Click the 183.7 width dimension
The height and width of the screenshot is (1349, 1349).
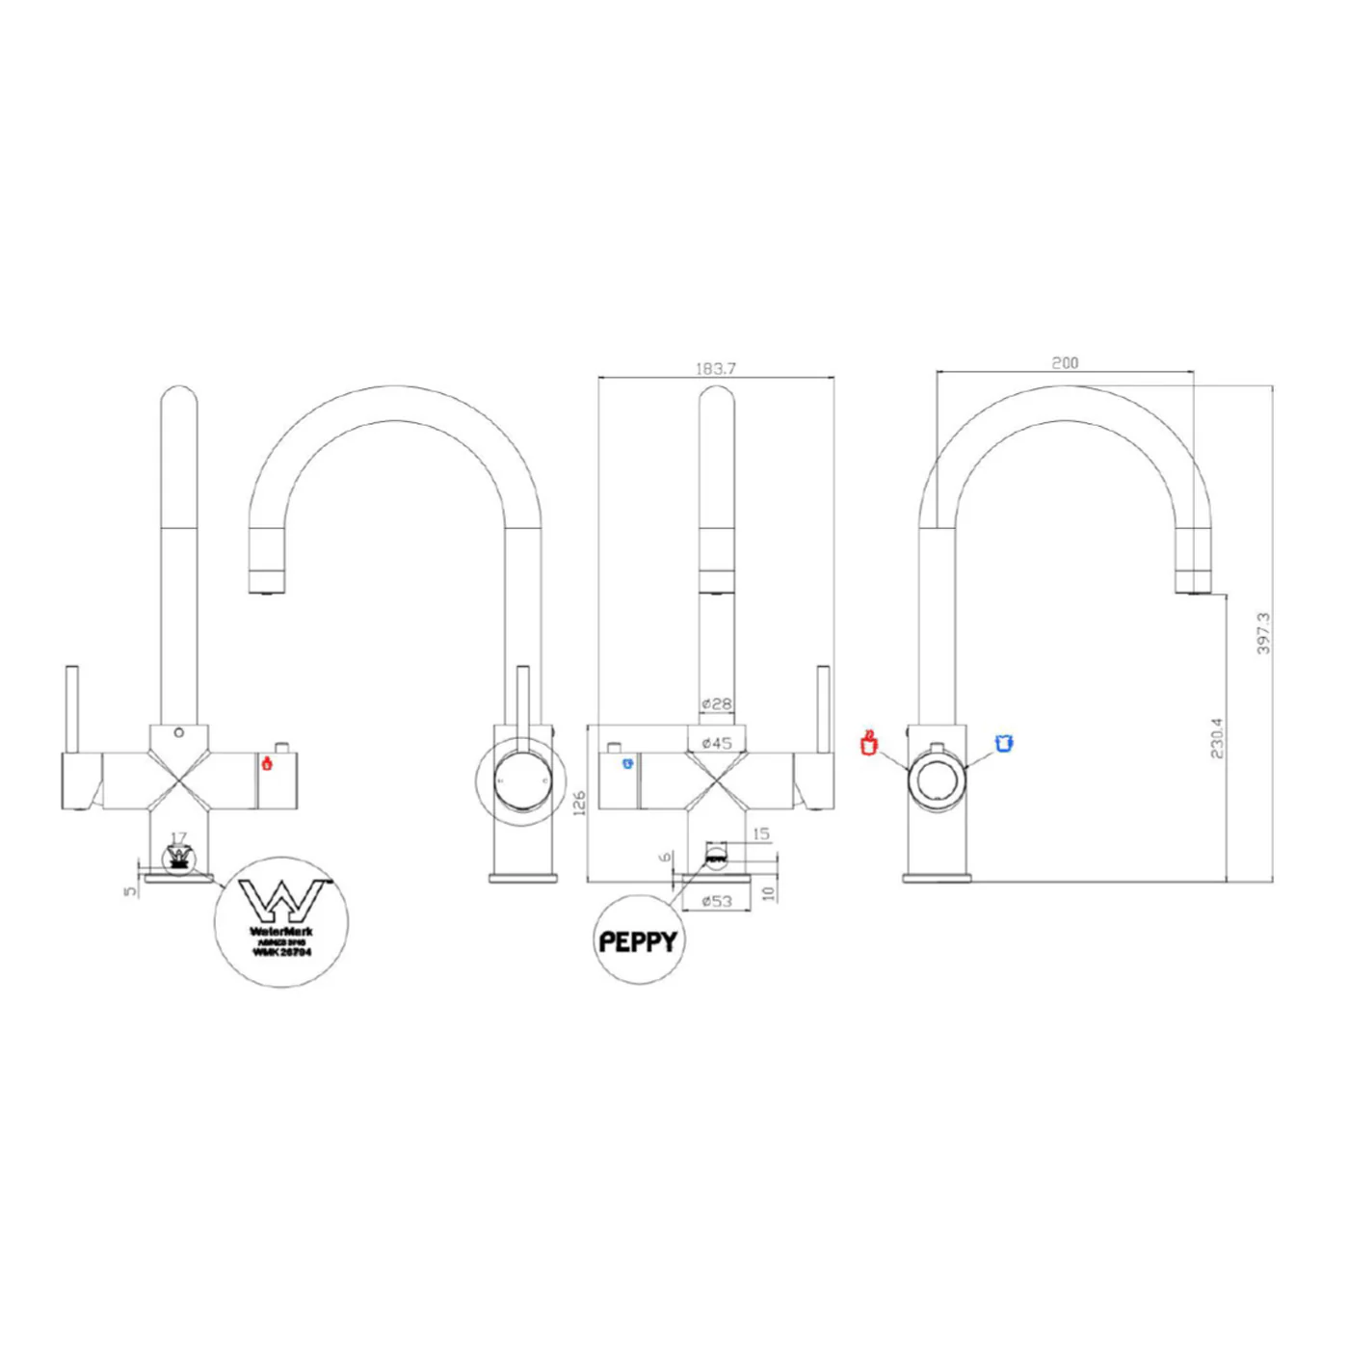click(x=715, y=368)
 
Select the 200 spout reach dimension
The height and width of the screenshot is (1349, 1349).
click(x=1065, y=362)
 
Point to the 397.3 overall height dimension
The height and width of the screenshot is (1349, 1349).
click(x=1263, y=633)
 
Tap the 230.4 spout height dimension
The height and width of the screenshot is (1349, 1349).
click(x=1216, y=737)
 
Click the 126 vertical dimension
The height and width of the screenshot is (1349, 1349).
click(x=579, y=802)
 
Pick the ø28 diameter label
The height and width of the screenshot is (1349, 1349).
click(x=716, y=703)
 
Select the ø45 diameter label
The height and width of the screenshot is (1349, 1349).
click(x=716, y=742)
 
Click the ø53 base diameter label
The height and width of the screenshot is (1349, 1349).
click(x=716, y=901)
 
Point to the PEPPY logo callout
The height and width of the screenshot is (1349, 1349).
click(x=638, y=940)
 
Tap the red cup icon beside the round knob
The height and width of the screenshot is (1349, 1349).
click(x=869, y=743)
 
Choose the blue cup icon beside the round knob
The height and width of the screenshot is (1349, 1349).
click(x=1004, y=742)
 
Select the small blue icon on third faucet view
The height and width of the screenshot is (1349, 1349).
click(x=627, y=764)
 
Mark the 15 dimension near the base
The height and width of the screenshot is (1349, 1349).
click(x=761, y=833)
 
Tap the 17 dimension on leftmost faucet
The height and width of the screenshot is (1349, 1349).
click(x=178, y=838)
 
